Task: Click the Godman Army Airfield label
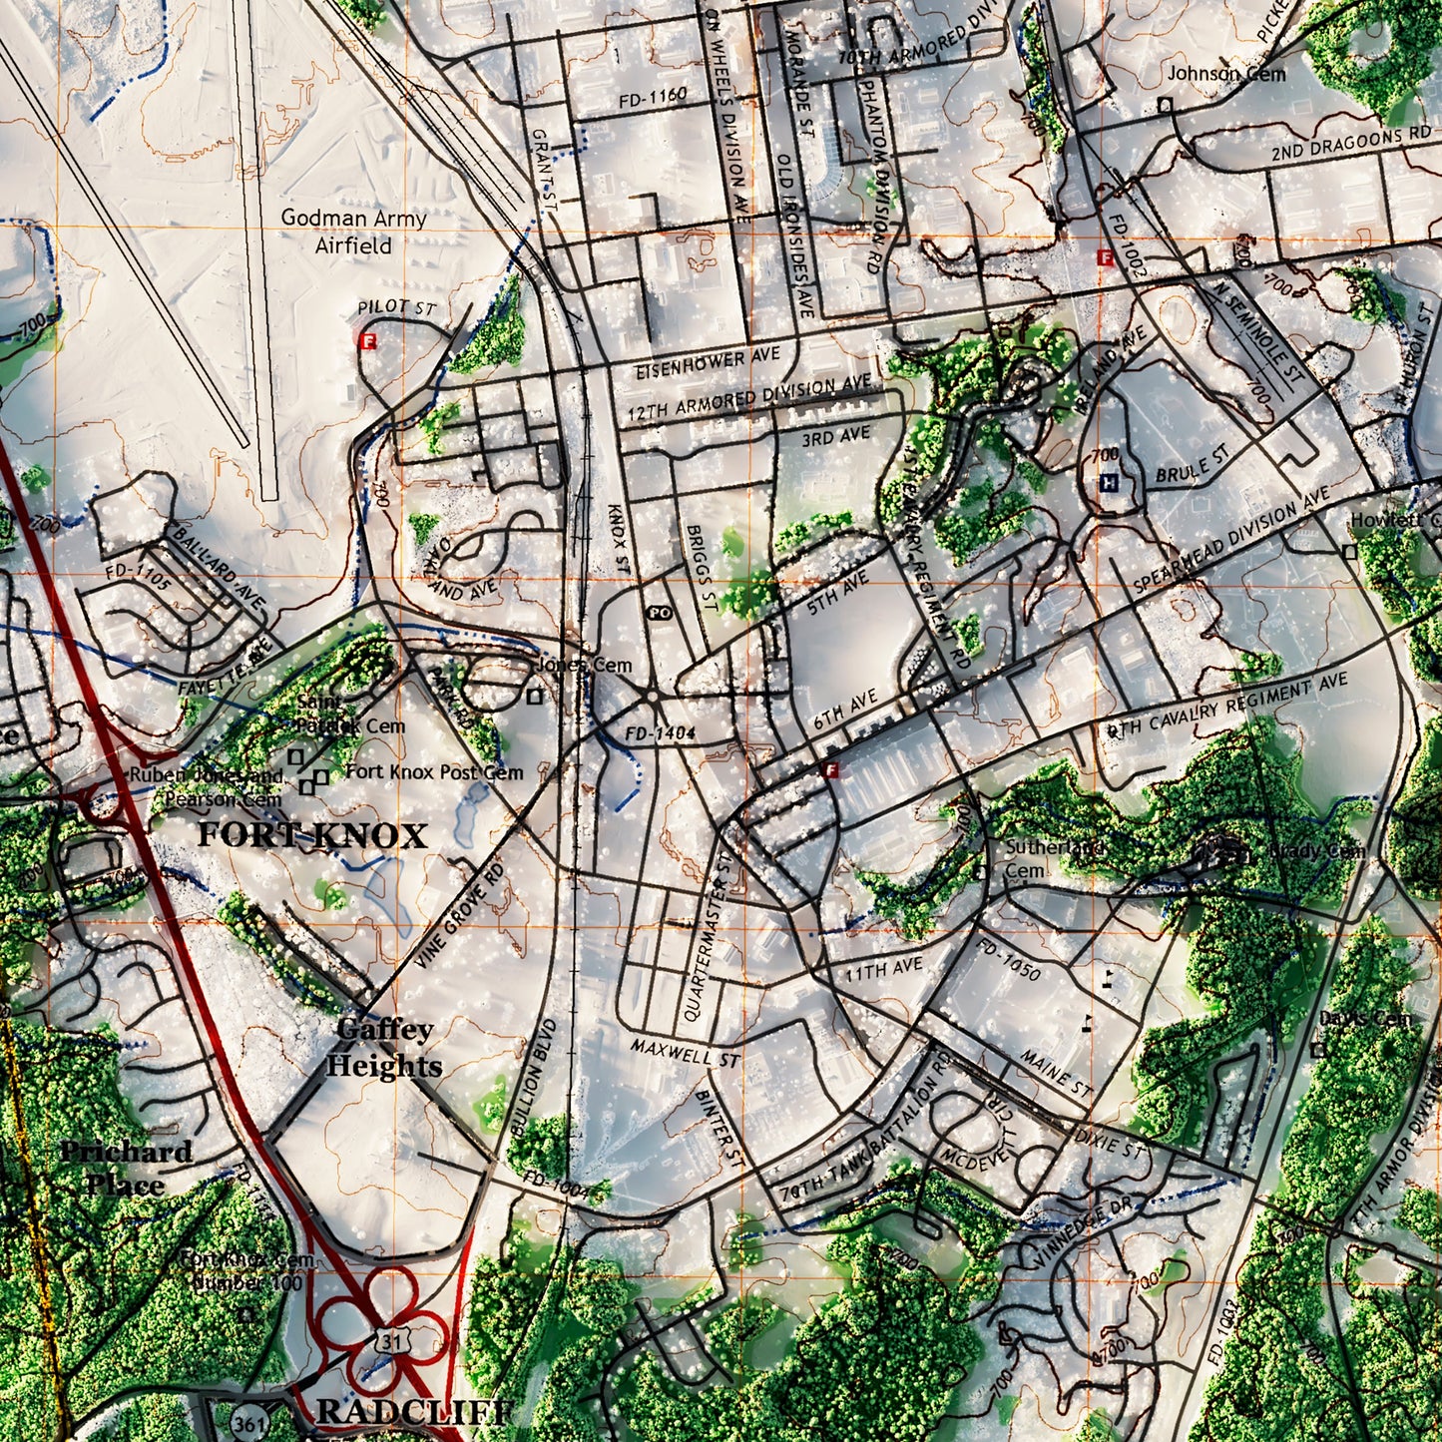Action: [x=353, y=232]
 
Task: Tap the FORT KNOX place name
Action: [x=311, y=835]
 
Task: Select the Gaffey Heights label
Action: [x=384, y=1048]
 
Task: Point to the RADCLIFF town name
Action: [x=414, y=1412]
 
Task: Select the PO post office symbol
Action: [x=659, y=613]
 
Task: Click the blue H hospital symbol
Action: [x=1108, y=483]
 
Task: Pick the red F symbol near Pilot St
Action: [x=369, y=341]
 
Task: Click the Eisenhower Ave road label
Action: [x=708, y=364]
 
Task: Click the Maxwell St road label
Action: [x=685, y=1051]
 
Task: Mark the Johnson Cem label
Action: [x=1226, y=74]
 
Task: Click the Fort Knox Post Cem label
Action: [x=434, y=771]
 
